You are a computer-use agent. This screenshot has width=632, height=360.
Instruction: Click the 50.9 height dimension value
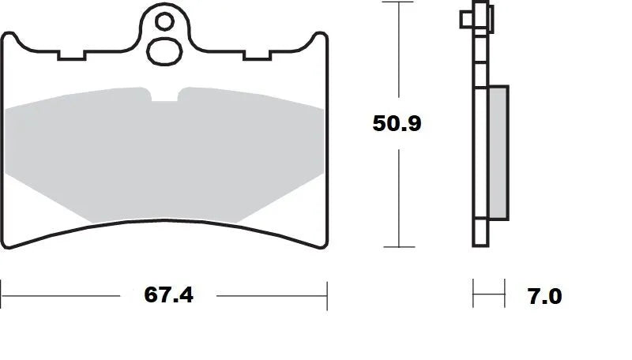coord(398,124)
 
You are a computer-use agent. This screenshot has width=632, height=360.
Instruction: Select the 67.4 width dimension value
coord(168,295)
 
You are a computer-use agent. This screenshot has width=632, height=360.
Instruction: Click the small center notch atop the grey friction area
coord(164,96)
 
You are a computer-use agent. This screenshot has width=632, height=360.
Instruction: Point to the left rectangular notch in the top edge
coord(71,56)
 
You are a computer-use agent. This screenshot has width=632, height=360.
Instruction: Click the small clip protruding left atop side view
coord(465,17)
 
